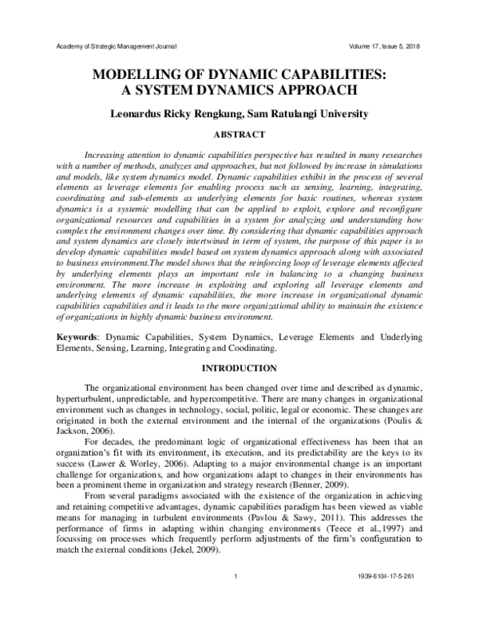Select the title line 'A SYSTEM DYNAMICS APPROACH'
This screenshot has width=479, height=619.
[x=239, y=91]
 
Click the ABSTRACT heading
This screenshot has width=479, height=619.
[x=239, y=135]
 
